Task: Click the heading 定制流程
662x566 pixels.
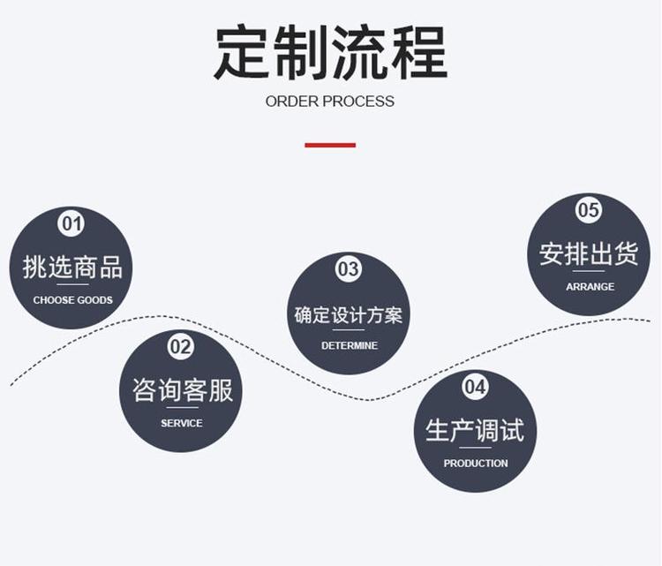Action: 330,53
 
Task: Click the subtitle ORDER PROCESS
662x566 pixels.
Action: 330,102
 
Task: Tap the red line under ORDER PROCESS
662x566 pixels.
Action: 330,145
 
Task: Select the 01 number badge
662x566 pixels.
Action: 71,223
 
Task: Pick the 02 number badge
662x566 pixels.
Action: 181,346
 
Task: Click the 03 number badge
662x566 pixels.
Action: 349,269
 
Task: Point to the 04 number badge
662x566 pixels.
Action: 475,387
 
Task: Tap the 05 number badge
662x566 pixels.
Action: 589,210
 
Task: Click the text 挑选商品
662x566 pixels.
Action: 72,266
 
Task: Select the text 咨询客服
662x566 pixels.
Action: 182,389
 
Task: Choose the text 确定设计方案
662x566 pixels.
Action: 349,314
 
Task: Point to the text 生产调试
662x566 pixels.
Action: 475,431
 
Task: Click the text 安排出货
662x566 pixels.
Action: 589,254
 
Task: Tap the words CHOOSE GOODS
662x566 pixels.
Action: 73,300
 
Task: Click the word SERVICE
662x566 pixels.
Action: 182,423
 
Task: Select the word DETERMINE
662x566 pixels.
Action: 350,345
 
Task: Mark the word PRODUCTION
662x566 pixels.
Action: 476,464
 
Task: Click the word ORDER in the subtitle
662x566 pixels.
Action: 292,102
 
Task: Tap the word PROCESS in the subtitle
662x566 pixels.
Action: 358,102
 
